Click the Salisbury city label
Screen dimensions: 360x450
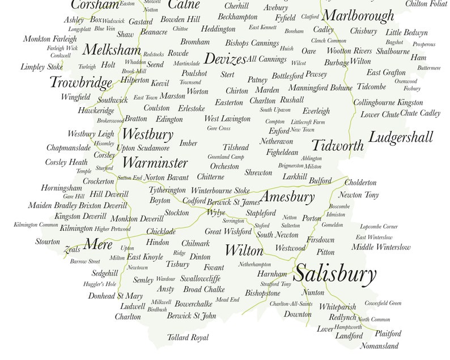click(336, 275)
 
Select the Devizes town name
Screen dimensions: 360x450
click(224, 59)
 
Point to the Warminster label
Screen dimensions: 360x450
click(155, 163)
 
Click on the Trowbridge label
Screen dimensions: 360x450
click(81, 83)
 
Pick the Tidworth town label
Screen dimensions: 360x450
click(337, 146)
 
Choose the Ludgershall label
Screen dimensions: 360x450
click(401, 137)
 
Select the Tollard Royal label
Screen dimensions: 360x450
click(188, 338)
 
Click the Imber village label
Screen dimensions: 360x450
click(188, 143)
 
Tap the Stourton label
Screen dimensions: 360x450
click(48, 242)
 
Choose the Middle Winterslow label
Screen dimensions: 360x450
click(380, 247)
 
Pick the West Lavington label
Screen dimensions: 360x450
click(227, 119)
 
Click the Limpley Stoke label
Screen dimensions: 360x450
click(42, 67)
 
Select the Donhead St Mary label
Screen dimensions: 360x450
click(115, 296)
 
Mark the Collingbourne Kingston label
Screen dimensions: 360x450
click(388, 103)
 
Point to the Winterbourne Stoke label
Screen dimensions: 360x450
click(220, 190)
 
